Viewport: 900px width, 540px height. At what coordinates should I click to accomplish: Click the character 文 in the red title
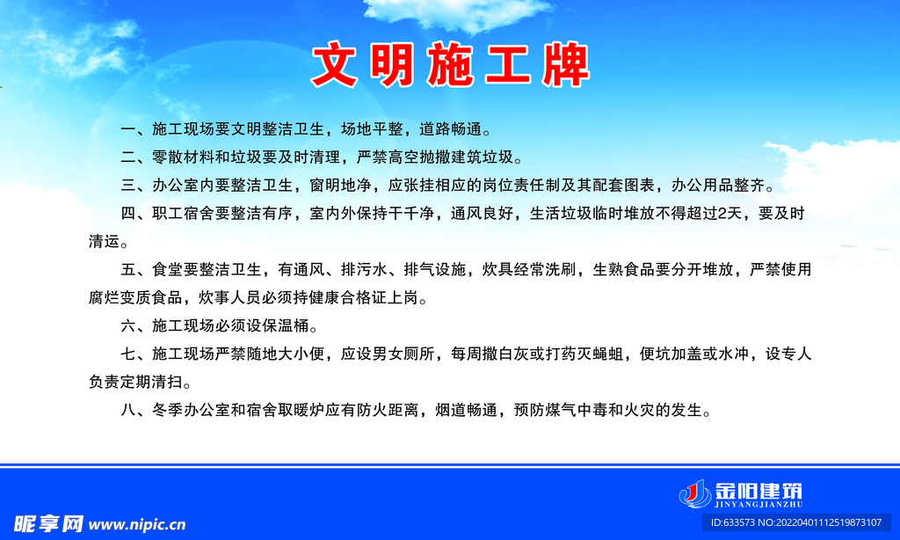337,65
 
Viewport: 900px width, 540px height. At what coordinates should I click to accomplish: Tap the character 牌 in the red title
564,65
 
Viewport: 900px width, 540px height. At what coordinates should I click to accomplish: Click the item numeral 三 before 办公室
128,186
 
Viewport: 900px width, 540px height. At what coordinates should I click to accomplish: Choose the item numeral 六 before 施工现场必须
128,326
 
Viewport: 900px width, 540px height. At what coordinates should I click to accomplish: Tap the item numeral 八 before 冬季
128,410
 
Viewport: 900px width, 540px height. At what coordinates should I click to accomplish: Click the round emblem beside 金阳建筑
693,493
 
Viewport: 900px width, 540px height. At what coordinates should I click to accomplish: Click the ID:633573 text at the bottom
735,522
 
